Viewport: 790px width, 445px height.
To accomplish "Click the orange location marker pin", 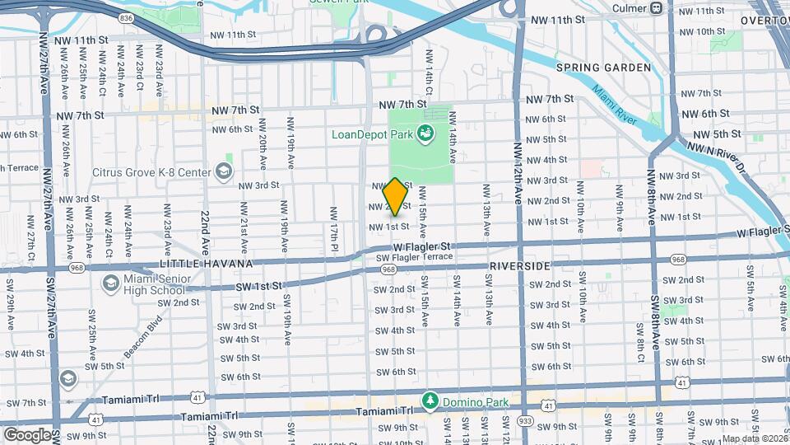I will coord(395,196).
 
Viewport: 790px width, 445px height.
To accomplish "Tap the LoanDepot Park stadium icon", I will coord(425,133).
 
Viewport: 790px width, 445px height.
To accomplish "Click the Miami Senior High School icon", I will coord(110,283).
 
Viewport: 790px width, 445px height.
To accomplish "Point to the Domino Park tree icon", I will coord(429,400).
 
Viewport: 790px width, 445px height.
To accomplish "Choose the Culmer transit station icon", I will coord(656,7).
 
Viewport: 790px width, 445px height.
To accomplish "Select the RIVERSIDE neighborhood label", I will coord(518,267).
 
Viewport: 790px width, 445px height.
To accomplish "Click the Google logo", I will coord(27,435).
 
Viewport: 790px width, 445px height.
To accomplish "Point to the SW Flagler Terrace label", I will coord(414,257).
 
